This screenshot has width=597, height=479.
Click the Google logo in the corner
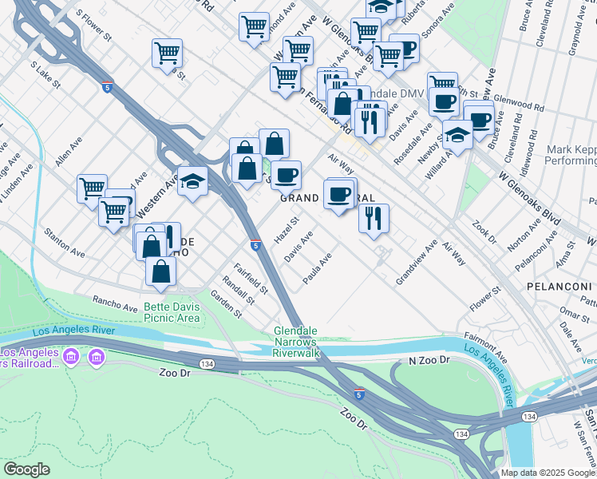coord(26,469)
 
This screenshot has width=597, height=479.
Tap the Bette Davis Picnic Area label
coord(172,312)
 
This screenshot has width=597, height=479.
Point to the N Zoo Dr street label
coord(430,361)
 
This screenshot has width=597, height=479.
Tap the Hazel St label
coord(286,230)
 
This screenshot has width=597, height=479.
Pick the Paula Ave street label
coord(317,270)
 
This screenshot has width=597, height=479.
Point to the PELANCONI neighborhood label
coord(556,285)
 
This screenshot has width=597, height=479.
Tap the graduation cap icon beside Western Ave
coord(192,181)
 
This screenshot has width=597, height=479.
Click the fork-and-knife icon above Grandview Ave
coord(374,217)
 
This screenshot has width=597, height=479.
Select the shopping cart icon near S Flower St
coord(167,54)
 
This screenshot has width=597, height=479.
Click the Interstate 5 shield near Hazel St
coord(255,245)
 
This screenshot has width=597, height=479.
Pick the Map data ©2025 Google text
coord(547,473)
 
